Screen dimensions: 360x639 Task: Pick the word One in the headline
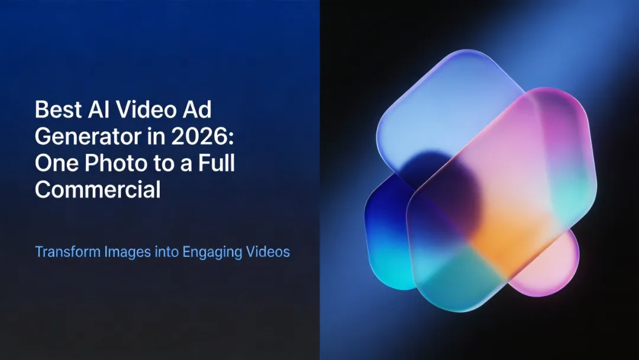[x=55, y=163]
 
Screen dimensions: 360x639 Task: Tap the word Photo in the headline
[x=117, y=163]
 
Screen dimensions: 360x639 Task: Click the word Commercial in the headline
[x=98, y=189]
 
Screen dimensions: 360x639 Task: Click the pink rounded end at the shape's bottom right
[x=553, y=266]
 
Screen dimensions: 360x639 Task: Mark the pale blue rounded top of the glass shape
[x=450, y=95]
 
